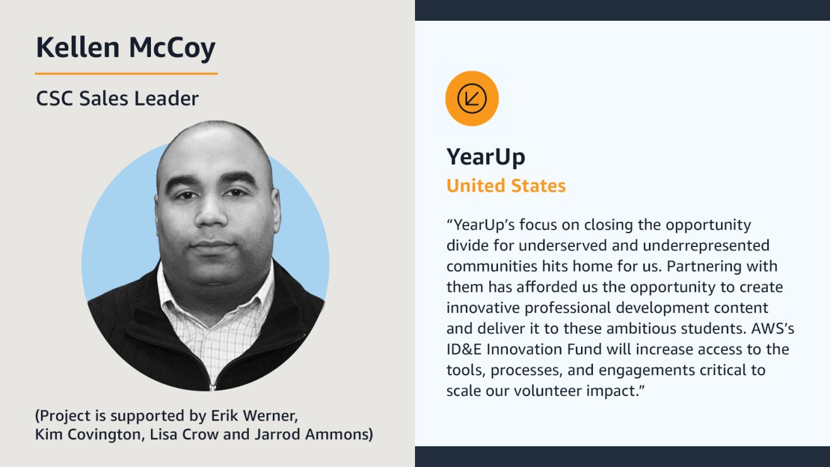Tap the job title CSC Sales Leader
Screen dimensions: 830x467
coord(118,99)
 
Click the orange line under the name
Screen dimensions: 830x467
coord(126,74)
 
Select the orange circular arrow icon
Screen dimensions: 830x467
coord(472,99)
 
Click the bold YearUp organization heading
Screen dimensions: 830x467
coord(486,157)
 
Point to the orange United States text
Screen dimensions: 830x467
coord(506,186)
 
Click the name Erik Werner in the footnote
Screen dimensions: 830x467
coord(254,416)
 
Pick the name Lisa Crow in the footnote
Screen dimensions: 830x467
coord(184,434)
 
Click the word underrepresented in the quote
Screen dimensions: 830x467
coord(706,246)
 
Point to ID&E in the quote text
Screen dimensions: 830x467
coord(464,349)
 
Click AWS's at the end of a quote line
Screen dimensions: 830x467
coord(773,329)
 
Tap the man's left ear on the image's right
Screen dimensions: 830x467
coord(275,211)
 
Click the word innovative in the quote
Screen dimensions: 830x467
coord(483,308)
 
